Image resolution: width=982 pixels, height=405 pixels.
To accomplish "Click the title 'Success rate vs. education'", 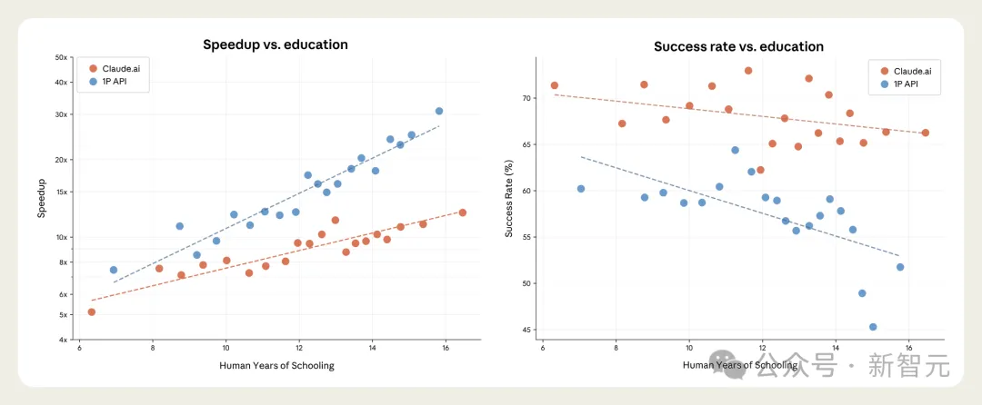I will (738, 46).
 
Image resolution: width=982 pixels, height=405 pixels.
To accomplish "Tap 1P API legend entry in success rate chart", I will (902, 84).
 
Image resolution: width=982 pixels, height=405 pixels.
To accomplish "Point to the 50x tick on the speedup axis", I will (61, 57).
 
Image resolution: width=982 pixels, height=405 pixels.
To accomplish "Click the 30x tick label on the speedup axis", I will (61, 114).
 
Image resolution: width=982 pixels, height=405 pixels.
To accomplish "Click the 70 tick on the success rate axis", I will (526, 98).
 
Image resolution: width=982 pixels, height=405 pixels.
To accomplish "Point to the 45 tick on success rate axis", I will (526, 330).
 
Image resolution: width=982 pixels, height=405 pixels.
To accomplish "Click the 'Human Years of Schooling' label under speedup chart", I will (276, 366).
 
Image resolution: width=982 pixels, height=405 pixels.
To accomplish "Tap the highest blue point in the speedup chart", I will (439, 111).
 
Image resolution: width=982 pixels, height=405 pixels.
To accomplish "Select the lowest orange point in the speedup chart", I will (91, 312).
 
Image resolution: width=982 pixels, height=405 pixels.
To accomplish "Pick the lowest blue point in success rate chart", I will (873, 327).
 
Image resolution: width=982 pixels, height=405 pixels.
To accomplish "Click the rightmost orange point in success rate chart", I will (925, 133).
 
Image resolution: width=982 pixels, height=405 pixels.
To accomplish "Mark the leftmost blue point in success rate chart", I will (581, 189).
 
